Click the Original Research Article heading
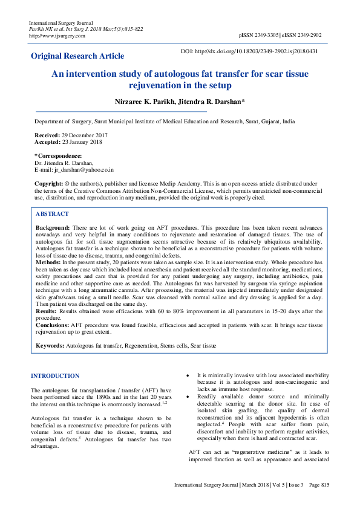pyautogui.click(x=77, y=56)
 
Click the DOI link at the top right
pyautogui.click(x=258, y=51)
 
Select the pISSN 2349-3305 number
pyautogui.click(x=261, y=36)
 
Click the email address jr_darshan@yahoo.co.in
pyautogui.click(x=84, y=170)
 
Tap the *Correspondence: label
pyautogui.click(x=58, y=157)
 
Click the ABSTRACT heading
pyautogui.click(x=52, y=214)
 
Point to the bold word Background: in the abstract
pyautogui.click(x=53, y=226)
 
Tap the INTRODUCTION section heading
pyautogui.click(x=55, y=376)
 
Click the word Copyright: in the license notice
pyautogui.click(x=49, y=183)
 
